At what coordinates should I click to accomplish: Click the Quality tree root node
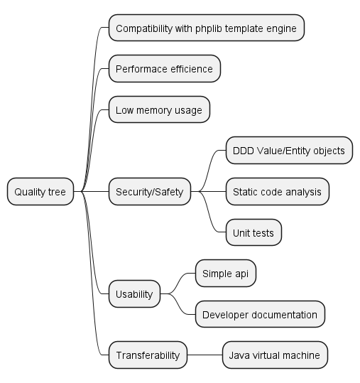pos(40,192)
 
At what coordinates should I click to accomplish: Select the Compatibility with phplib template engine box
pos(207,28)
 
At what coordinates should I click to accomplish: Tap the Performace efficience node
pos(165,69)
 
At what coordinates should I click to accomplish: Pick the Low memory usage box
pos(159,109)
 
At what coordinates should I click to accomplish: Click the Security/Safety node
pos(150,192)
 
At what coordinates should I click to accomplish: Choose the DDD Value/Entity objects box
pos(289,150)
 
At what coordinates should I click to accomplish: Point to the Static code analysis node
pos(278,192)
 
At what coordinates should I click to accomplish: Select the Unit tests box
pos(253,232)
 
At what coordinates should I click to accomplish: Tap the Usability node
pos(134,294)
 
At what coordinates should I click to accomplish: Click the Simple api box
pos(226,273)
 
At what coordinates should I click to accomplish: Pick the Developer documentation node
pos(260,314)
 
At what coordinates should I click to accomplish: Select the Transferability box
pos(148,355)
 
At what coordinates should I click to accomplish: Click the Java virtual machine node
pos(275,355)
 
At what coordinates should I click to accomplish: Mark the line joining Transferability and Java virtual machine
pos(204,355)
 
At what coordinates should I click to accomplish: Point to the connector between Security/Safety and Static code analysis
pos(208,192)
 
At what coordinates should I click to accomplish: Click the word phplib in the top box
pos(209,29)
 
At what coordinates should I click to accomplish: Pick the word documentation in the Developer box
pos(284,315)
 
